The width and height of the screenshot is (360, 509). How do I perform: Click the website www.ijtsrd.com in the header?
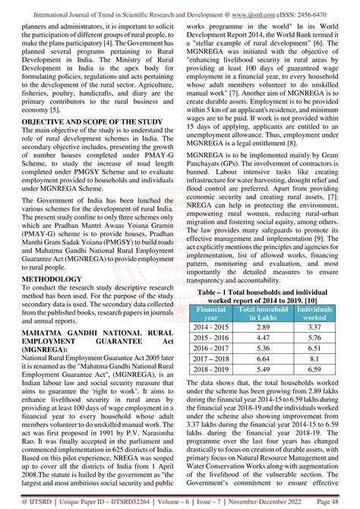click(257, 7)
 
